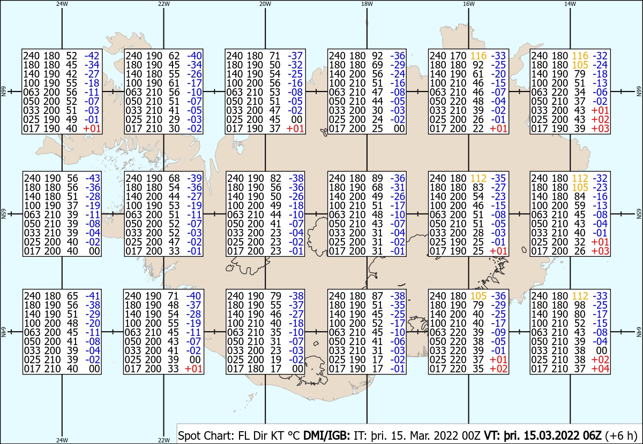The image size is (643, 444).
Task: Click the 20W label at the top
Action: point(265,4)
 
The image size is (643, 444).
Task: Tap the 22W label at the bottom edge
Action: point(163,440)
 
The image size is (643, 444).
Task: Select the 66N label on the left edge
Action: point(4,91)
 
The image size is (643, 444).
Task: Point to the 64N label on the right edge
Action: point(639,332)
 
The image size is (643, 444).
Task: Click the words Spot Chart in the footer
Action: point(206,435)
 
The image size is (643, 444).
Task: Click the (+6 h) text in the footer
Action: point(621,435)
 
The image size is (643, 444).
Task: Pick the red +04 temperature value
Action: point(601,369)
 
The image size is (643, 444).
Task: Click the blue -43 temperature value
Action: point(93,178)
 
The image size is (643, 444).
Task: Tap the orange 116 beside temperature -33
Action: point(478,56)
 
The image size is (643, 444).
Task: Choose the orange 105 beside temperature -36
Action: point(478,296)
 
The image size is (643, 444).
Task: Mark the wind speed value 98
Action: point(580,305)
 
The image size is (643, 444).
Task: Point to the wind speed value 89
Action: point(377,178)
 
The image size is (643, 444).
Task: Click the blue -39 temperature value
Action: point(195,178)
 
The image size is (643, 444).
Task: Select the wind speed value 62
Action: point(174,56)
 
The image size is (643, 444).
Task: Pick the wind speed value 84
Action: point(580,197)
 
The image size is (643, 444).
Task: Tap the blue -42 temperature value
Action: point(92,56)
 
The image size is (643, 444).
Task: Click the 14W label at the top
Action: point(570,4)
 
